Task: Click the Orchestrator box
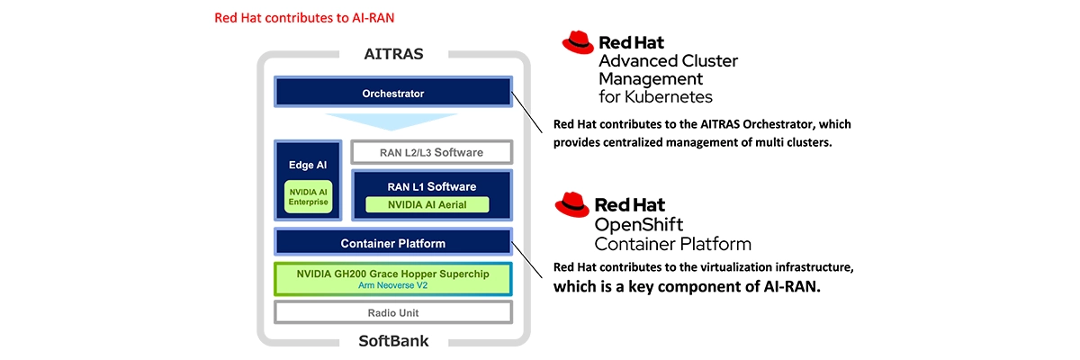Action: pyautogui.click(x=392, y=93)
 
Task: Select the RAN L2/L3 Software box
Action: pyautogui.click(x=431, y=152)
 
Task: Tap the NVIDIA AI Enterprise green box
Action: pyautogui.click(x=308, y=197)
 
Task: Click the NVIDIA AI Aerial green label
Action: pyautogui.click(x=427, y=205)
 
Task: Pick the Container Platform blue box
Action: pyautogui.click(x=392, y=243)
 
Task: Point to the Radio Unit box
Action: pyautogui.click(x=392, y=312)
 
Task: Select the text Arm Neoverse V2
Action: pyautogui.click(x=392, y=285)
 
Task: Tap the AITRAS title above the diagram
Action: pyautogui.click(x=393, y=54)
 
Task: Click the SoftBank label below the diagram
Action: pyautogui.click(x=393, y=341)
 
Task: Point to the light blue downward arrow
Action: pyautogui.click(x=392, y=121)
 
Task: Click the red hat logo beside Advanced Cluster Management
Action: pyautogui.click(x=577, y=42)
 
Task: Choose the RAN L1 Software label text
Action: pyautogui.click(x=431, y=186)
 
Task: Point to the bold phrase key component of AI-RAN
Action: pyautogui.click(x=710, y=288)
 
